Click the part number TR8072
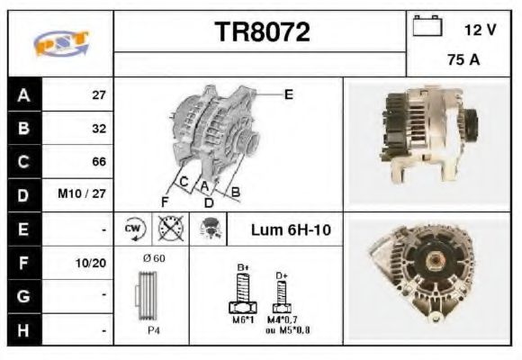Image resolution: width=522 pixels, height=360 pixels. tap(262, 32)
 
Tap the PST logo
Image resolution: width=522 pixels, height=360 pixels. tap(61, 43)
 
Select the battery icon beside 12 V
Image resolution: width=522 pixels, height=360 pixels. tap(427, 25)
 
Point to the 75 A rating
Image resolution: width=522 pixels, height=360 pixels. tap(463, 60)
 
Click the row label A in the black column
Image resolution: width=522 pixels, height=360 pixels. tap(24, 95)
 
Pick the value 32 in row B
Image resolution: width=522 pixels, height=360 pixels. tap(99, 129)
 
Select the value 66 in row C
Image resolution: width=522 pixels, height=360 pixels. tap(99, 162)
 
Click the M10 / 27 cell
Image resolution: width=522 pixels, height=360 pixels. tap(82, 193)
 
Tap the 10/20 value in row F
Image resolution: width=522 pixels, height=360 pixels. tap(91, 263)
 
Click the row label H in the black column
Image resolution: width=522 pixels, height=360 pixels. tap(23, 330)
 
